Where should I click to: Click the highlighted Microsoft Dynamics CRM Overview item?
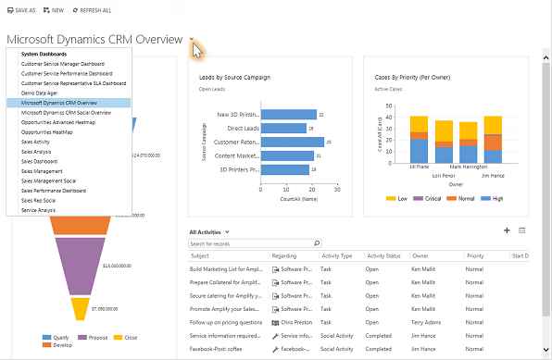point(58,104)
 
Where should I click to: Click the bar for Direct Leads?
point(282,129)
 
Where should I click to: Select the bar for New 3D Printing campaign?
point(291,115)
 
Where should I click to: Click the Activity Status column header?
point(383,255)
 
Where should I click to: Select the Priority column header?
point(475,255)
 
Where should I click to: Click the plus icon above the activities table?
point(507,230)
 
